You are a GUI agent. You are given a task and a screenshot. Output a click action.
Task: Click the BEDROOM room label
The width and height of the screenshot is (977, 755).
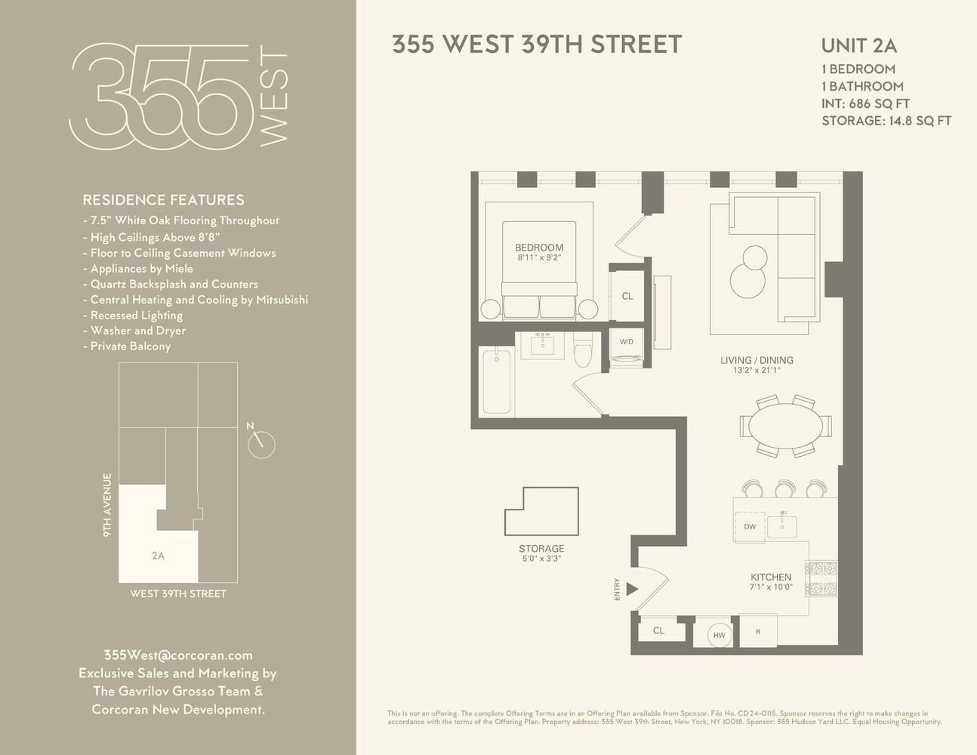pyautogui.click(x=539, y=248)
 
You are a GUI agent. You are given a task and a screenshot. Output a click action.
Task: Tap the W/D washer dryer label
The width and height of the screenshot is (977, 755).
pyautogui.click(x=627, y=342)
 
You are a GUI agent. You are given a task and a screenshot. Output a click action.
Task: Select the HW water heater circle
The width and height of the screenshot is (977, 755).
pyautogui.click(x=719, y=636)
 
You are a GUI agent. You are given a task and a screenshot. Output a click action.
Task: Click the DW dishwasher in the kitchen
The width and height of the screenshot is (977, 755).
pyautogui.click(x=750, y=527)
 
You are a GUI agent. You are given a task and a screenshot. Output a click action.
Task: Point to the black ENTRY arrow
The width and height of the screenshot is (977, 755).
pyautogui.click(x=633, y=589)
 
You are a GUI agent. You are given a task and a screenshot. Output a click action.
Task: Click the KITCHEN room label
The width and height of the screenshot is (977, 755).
pyautogui.click(x=770, y=577)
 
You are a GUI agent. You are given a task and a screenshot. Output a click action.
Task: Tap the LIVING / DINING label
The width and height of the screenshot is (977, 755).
pyautogui.click(x=757, y=361)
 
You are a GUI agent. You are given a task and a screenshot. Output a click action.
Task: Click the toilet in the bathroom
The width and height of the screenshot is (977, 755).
pyautogui.click(x=584, y=353)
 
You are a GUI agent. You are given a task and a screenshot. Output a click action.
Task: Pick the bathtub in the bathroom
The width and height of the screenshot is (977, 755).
pyautogui.click(x=496, y=381)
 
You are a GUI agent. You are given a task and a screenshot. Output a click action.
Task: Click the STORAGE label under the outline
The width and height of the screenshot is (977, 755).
pyautogui.click(x=541, y=549)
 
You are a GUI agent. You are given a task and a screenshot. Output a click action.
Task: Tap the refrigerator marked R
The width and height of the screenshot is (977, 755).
pyautogui.click(x=758, y=632)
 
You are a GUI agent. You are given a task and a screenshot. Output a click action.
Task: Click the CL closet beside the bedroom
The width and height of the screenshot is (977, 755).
pyautogui.click(x=627, y=296)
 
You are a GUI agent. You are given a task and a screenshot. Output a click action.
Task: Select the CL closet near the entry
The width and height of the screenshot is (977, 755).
pyautogui.click(x=658, y=630)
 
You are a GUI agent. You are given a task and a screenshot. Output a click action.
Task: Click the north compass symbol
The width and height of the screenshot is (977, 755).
pyautogui.click(x=262, y=444)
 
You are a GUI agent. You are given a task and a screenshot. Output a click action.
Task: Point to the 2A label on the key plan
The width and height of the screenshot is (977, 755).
pyautogui.click(x=158, y=556)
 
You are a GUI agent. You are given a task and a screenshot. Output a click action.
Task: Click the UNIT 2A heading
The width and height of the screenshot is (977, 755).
pyautogui.click(x=858, y=46)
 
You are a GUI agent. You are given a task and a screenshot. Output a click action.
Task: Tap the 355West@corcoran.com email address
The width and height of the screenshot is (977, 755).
pyautogui.click(x=178, y=655)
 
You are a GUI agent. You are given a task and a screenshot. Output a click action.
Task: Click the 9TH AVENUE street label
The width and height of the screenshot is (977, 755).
pyautogui.click(x=108, y=504)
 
